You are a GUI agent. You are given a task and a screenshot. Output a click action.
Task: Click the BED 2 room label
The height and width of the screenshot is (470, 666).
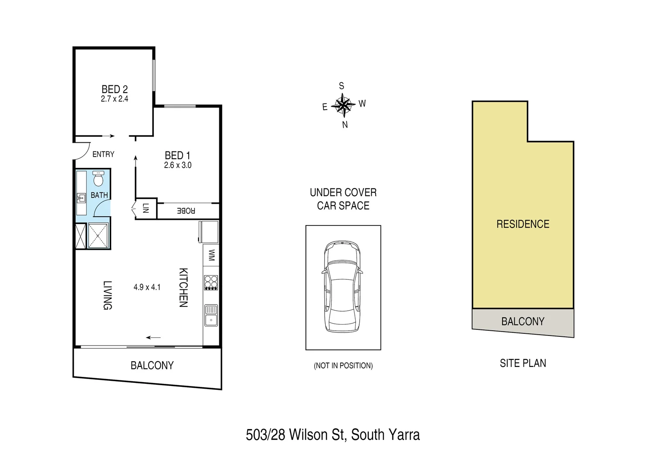(x=115, y=89)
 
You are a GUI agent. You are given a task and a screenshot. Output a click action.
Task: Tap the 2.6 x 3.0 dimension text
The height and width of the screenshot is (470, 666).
(x=178, y=165)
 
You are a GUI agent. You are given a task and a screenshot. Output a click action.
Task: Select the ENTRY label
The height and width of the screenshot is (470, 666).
(x=103, y=154)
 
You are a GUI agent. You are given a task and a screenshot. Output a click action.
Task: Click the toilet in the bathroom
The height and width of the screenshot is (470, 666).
(x=99, y=178)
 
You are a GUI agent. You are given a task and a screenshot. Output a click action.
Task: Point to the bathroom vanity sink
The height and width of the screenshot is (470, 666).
(x=81, y=198)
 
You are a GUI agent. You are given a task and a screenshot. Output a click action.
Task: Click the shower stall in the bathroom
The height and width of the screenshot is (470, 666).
(x=99, y=236)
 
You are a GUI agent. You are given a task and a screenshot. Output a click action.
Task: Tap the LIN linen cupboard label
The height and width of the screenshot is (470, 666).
(x=146, y=209)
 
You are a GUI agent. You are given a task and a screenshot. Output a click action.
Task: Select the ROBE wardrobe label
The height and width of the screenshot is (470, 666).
(x=186, y=211)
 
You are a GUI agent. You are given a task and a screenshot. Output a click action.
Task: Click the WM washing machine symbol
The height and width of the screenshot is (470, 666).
(x=211, y=255)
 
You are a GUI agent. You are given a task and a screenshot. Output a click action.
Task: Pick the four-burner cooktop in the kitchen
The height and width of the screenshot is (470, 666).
(x=211, y=282)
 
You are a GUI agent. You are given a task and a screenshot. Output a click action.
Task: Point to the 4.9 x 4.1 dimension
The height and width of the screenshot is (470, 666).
(x=147, y=287)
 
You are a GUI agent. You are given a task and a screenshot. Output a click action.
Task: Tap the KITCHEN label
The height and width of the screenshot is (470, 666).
(x=183, y=288)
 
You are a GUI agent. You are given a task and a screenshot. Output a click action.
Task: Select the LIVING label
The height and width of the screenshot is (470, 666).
(x=107, y=295)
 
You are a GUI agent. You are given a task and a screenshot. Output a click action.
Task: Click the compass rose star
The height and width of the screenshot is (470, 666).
(x=343, y=105)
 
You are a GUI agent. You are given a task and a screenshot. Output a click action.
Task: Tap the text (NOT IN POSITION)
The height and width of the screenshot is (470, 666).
(x=343, y=366)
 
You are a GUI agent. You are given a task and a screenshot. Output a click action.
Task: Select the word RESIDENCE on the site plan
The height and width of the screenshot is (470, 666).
(x=523, y=224)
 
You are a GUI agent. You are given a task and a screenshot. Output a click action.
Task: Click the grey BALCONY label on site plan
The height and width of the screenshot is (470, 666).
(x=523, y=322)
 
